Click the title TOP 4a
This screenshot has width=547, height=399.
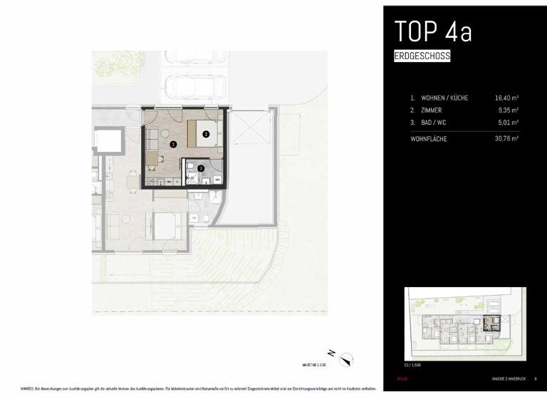click(x=433, y=32)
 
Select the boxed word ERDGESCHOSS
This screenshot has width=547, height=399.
click(x=422, y=56)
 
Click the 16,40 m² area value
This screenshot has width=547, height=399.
click(x=506, y=98)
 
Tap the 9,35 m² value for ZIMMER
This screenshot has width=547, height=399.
click(x=508, y=110)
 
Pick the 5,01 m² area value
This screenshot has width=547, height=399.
click(x=508, y=123)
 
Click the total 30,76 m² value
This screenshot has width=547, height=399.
click(x=506, y=139)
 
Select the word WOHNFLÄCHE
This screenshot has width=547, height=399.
click(x=429, y=139)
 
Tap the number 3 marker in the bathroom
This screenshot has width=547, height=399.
click(x=201, y=168)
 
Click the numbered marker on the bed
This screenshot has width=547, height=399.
click(x=206, y=133)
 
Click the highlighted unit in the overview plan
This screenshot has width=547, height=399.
click(x=491, y=323)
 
